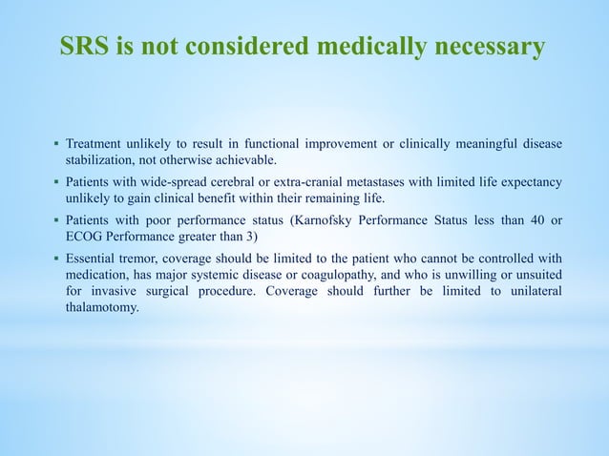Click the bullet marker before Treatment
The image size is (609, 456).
(55, 145)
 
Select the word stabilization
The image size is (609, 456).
(104, 161)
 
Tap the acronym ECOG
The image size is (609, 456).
(84, 238)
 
